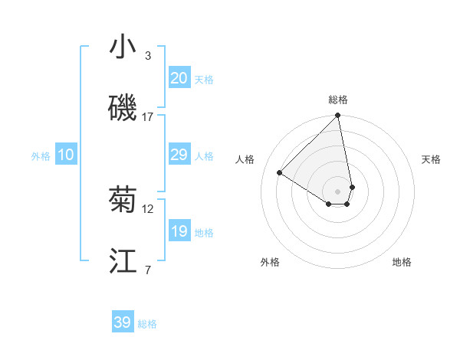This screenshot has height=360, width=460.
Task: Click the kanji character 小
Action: point(123,47)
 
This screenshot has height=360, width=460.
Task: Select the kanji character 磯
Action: point(123,108)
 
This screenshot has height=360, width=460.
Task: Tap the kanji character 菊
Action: point(123,200)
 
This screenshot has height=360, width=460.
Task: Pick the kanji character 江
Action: point(123,261)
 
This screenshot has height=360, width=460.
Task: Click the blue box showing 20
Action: point(179,77)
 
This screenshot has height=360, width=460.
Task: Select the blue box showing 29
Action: point(179,155)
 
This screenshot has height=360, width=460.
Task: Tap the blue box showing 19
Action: point(179,231)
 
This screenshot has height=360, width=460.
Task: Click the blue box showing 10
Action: point(66,155)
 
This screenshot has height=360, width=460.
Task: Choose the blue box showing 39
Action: point(123,322)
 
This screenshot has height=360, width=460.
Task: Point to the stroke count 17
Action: point(148,116)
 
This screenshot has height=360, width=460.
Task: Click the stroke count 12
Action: point(148,208)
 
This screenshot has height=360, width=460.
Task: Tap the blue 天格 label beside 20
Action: point(203,79)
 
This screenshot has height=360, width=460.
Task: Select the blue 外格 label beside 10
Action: point(41,155)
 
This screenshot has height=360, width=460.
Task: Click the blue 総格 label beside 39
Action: point(147,324)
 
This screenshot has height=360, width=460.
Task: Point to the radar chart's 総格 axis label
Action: point(338,100)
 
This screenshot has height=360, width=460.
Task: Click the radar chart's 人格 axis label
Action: point(245,159)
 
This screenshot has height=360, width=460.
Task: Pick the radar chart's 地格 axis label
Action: point(402,262)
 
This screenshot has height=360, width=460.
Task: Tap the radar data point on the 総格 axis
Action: point(338,116)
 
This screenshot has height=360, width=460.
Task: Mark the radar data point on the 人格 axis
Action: point(280,172)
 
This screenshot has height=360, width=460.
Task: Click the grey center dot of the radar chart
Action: point(338,191)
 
